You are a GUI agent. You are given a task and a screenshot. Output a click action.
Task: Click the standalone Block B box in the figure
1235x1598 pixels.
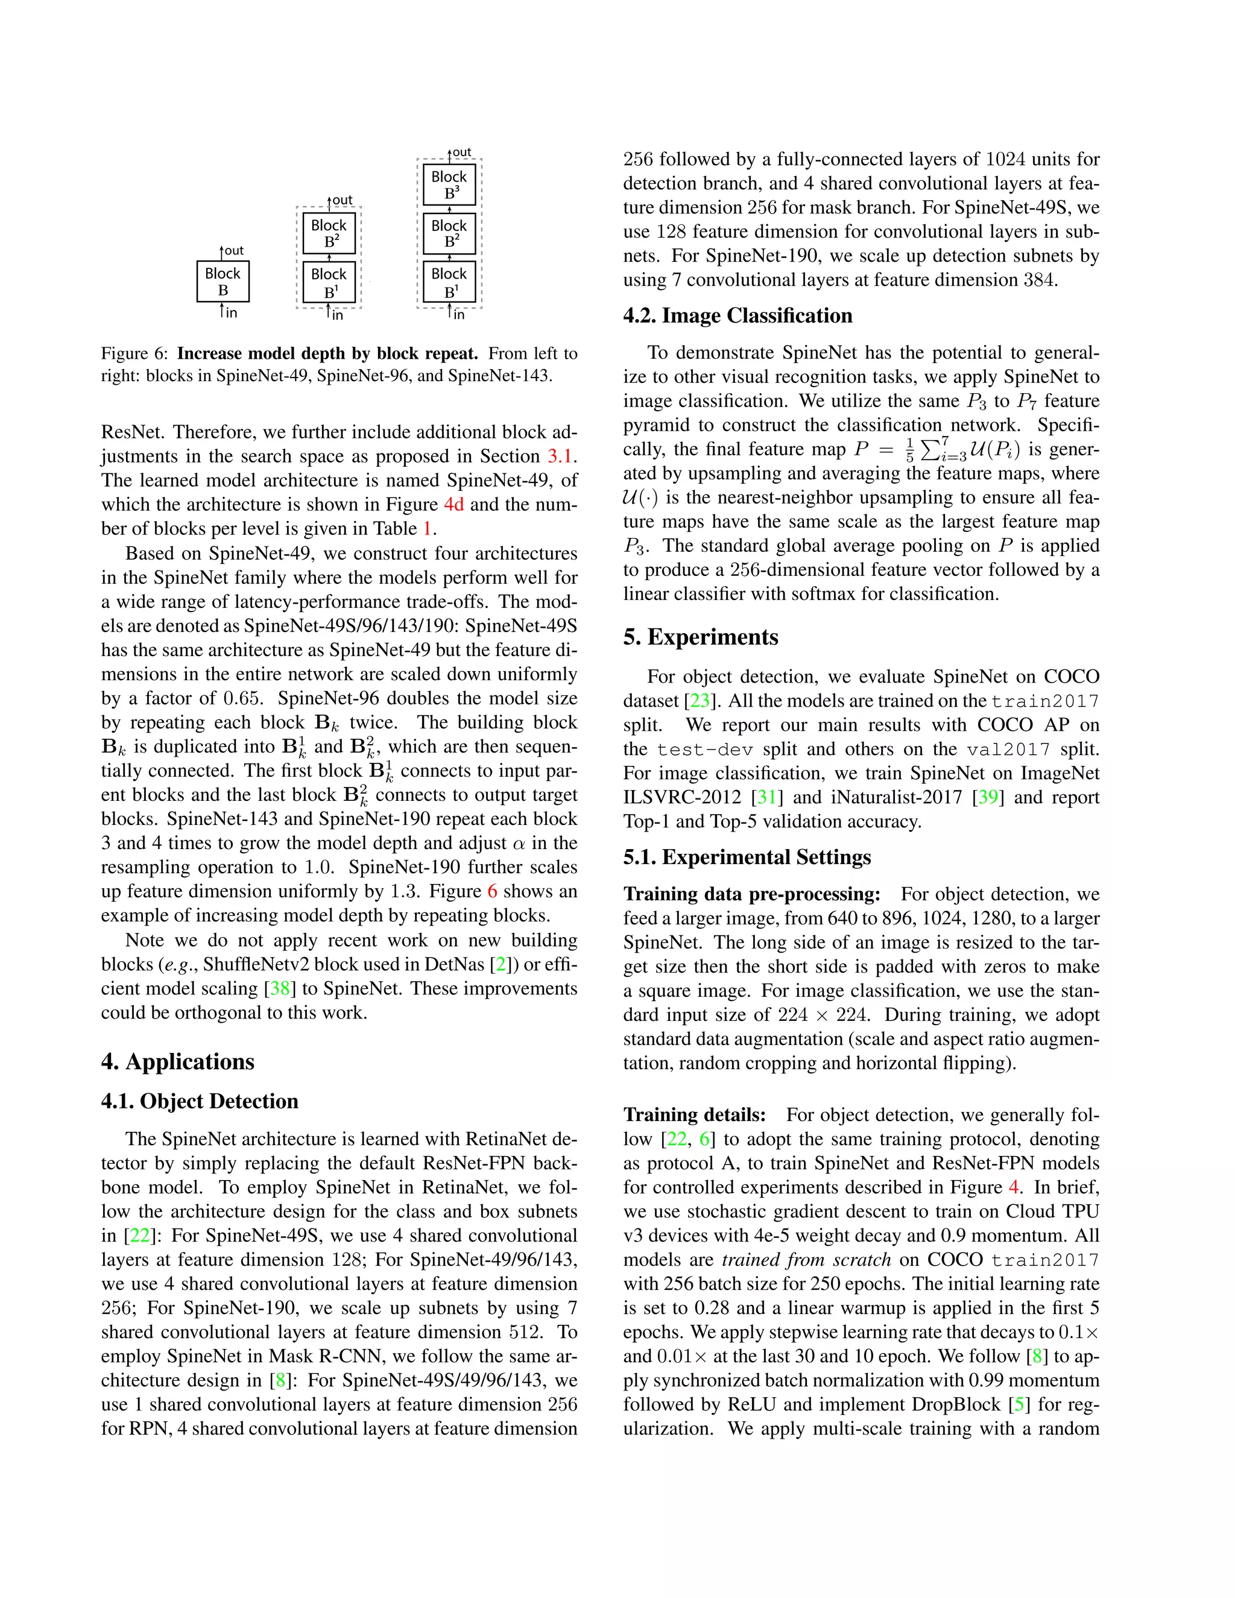tap(223, 282)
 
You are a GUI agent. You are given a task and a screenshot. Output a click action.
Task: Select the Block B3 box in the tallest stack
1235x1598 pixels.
tap(449, 185)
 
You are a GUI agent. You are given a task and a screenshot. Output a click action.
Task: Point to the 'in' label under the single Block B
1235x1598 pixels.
tap(231, 313)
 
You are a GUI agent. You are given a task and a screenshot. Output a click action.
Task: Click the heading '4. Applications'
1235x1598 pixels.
tap(178, 1062)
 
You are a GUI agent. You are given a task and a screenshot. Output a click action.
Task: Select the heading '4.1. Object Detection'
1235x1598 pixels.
tap(200, 1101)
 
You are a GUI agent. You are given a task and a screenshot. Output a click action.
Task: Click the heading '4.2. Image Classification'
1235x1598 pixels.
tap(738, 315)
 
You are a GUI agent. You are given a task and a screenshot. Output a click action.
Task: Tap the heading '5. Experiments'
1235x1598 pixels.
tap(700, 637)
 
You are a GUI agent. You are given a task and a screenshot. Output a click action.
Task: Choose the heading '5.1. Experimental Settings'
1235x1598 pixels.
tap(747, 857)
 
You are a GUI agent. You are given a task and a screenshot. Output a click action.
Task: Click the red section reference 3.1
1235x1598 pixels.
tap(560, 456)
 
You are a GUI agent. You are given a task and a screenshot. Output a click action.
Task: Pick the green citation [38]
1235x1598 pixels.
tap(279, 988)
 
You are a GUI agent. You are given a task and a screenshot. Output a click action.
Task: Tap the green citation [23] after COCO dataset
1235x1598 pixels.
tap(700, 701)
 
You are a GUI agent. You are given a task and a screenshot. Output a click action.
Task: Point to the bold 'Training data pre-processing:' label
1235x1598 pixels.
tap(751, 894)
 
